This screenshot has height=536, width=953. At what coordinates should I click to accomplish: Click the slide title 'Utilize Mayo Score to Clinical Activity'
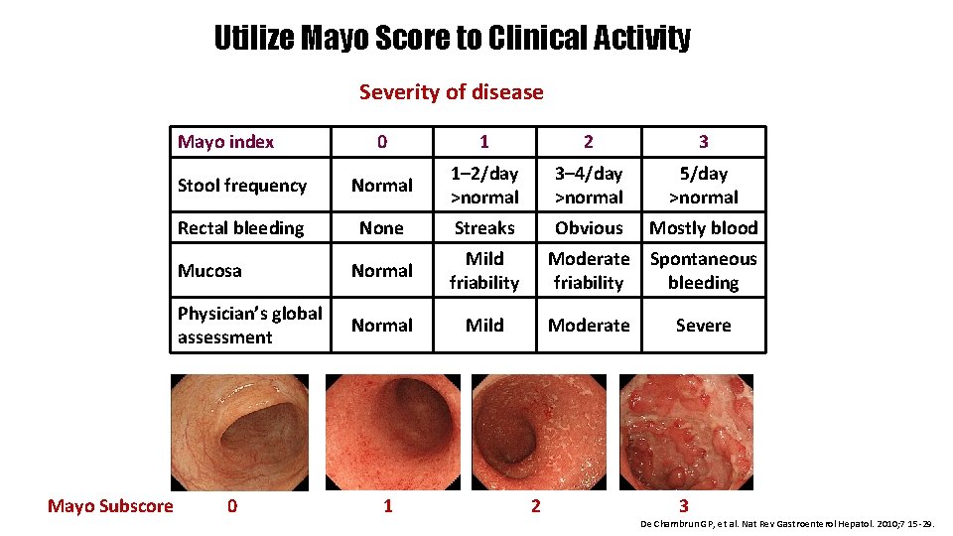coord(452,38)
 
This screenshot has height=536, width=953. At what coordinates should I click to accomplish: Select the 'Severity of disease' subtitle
coord(451,92)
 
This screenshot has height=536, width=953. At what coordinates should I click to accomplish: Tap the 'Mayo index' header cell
coord(225,141)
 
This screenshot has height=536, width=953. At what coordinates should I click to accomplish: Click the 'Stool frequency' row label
coord(241,185)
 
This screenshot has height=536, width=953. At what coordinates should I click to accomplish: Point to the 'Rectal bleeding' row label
coord(240,227)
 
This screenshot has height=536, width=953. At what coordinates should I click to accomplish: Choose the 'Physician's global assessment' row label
coord(249,325)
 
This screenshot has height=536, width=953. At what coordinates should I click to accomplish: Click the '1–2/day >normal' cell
coord(484,185)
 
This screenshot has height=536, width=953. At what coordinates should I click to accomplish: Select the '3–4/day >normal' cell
coord(589,185)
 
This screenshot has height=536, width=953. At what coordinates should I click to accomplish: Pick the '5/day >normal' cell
coord(703,185)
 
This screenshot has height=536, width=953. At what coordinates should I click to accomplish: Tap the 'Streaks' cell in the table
coord(484,227)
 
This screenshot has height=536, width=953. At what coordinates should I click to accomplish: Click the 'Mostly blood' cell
coord(703,227)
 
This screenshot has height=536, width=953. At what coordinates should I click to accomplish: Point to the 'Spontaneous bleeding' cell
coord(703,270)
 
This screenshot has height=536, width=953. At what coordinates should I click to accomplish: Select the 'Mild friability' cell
coord(484,270)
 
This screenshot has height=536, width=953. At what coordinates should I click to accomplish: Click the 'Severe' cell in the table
coord(703,325)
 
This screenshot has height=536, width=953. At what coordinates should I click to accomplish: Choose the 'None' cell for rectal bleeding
coord(381,227)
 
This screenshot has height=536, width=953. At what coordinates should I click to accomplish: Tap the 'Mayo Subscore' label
coord(110,506)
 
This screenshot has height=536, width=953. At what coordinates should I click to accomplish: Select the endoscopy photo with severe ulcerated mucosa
coord(686,433)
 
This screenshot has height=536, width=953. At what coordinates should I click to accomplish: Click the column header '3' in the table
coord(703,141)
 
